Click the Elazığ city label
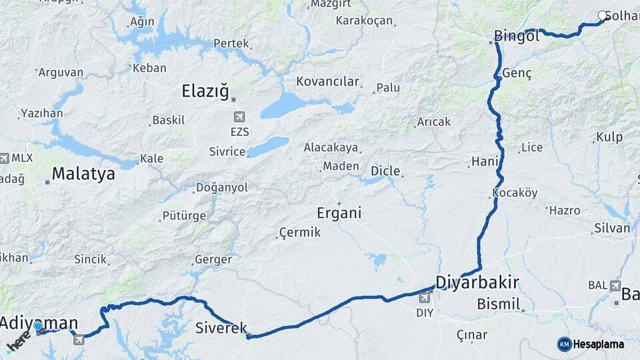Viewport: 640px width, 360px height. [x=206, y=91]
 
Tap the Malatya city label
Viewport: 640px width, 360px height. [x=83, y=174]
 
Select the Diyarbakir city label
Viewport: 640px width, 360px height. [x=477, y=282]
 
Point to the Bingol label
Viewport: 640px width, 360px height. [x=517, y=36]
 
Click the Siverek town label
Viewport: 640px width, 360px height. [x=221, y=328]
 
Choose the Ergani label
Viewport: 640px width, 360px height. [x=339, y=213]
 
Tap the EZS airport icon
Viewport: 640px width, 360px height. [x=239, y=117]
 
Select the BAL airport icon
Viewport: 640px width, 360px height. [x=615, y=285]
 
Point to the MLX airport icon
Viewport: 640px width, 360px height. [x=5, y=158]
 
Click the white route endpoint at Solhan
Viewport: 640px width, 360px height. [x=603, y=16]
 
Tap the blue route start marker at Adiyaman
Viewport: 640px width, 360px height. [x=38, y=326]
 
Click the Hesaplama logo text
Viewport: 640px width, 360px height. [x=598, y=345]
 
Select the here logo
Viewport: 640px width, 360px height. [x=18, y=341]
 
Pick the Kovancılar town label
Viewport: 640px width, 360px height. [x=328, y=82]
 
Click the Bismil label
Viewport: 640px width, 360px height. [x=498, y=305]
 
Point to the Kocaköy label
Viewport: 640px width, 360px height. [x=515, y=193]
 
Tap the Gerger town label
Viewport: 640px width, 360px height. [x=213, y=260]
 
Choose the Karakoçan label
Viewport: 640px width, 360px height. [x=364, y=21]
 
